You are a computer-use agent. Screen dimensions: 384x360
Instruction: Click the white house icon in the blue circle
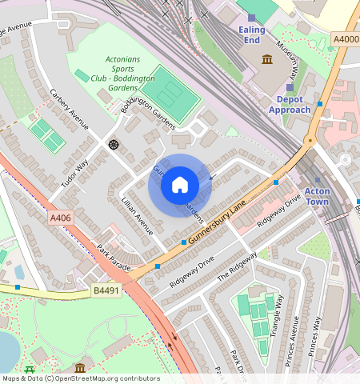pos(180,186)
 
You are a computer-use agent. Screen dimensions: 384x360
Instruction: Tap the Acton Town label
pos(317,197)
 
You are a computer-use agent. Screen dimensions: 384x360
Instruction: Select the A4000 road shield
pos(344,38)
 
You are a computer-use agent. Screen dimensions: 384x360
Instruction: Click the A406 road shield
pos(60,218)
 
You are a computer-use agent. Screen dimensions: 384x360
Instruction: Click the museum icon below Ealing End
pos(266,59)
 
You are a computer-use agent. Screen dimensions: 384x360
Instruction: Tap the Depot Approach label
pos(294,104)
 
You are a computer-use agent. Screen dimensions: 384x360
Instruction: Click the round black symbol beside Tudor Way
pos(113,144)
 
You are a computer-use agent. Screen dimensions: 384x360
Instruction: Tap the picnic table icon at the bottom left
pos(30,368)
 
